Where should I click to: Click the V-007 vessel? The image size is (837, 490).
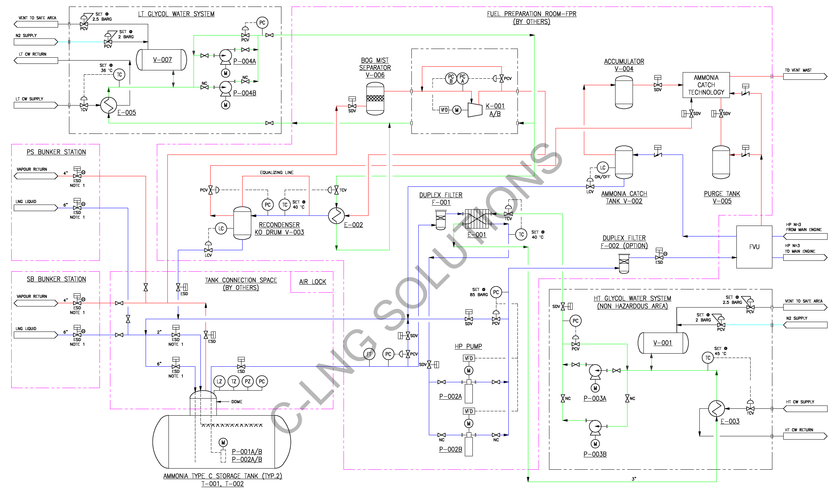pos(162,60)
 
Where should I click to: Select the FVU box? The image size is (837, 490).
pos(754,247)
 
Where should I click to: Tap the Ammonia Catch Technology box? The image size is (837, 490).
pos(706,85)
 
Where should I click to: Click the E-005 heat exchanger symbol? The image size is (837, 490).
pos(109,105)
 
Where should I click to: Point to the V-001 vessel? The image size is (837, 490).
pos(663,343)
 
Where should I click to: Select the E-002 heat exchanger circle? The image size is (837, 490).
pos(336,216)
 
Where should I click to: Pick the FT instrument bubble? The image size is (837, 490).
pos(369,354)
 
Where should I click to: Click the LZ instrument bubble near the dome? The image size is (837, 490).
pos(219,381)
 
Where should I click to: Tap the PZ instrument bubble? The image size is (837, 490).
pos(248,381)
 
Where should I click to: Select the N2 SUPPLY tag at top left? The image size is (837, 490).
pos(36,42)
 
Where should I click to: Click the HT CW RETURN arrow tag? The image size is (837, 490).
pos(805,436)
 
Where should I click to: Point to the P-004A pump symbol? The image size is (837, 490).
pos(225,56)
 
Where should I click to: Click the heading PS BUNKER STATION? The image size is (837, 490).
pos(56,152)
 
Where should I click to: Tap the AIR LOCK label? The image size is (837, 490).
pos(313,282)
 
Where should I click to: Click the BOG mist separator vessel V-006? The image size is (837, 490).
pos(375,98)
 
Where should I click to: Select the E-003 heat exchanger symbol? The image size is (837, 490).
pos(716,409)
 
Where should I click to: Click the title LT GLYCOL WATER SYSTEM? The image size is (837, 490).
pos(176,14)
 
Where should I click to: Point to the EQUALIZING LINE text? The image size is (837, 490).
pos(277,173)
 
